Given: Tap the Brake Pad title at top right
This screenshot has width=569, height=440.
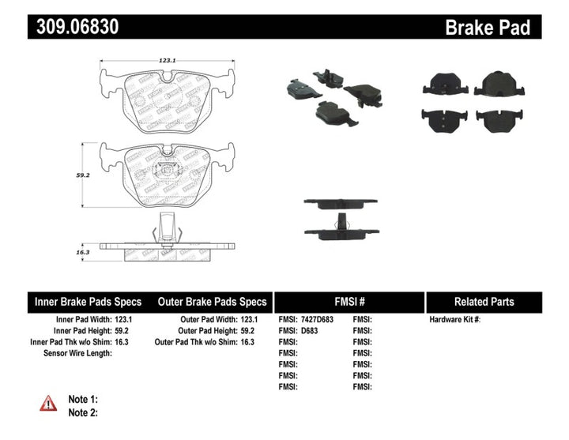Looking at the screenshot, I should point(487,28).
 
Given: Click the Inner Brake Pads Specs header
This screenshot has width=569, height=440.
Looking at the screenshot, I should point(88,302).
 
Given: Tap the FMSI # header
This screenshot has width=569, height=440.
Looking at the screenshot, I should point(349,302).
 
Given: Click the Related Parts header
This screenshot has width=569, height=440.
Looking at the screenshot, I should point(484,302).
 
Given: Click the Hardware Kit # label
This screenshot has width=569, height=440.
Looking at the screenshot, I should point(454,319).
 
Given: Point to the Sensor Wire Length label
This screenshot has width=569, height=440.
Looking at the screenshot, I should point(77,353).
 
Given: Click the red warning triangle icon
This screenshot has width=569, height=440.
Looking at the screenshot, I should point(49,403).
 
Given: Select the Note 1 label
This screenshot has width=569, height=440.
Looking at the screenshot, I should point(83,400).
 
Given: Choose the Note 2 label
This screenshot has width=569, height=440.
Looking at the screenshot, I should point(83,412).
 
